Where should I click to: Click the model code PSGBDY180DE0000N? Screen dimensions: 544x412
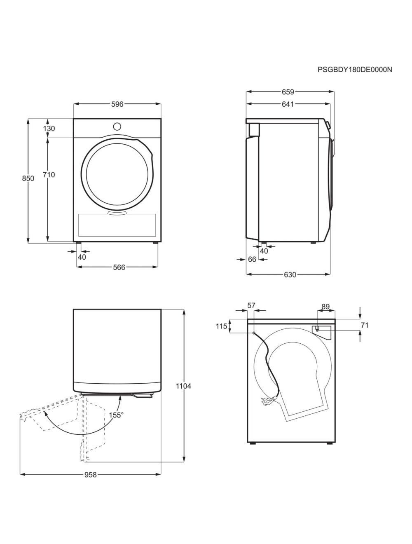click(x=354, y=70)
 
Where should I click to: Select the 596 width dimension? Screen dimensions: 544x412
click(x=117, y=104)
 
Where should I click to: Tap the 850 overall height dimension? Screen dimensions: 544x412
click(x=28, y=178)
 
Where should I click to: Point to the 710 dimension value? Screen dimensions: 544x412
click(x=49, y=175)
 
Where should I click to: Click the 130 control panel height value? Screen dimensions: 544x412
click(x=49, y=128)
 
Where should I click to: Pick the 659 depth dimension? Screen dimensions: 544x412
click(x=288, y=92)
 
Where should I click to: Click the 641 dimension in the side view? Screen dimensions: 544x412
click(x=288, y=104)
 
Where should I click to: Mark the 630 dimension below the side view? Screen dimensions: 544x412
click(x=290, y=274)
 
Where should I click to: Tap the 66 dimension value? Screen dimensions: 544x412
click(x=252, y=259)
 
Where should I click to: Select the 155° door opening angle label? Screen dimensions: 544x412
click(x=116, y=415)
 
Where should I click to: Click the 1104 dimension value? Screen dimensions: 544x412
click(x=183, y=386)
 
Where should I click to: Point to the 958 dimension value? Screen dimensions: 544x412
click(x=90, y=475)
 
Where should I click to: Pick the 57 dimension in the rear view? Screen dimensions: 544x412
click(x=251, y=305)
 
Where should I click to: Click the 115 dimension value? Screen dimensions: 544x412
click(x=221, y=326)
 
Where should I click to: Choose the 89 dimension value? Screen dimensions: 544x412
click(x=325, y=306)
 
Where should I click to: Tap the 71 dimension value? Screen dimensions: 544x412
click(x=364, y=325)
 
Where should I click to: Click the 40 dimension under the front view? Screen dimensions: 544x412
click(x=82, y=257)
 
